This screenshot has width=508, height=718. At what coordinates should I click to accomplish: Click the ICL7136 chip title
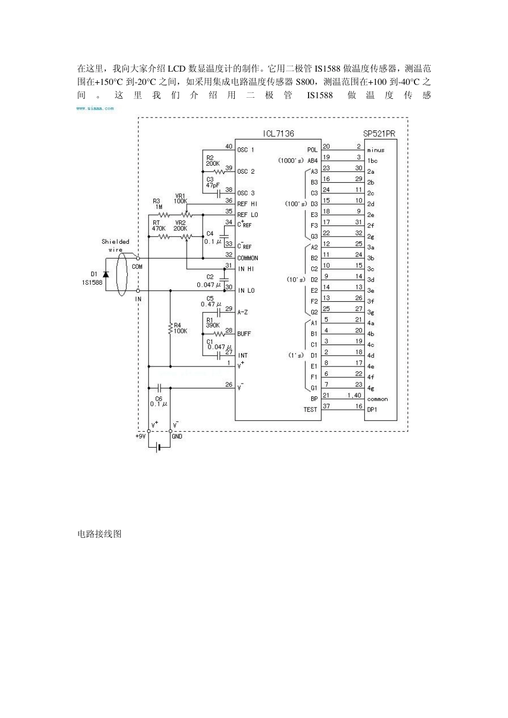coord(278,134)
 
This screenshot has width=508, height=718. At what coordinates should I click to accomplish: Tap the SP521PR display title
coord(379,134)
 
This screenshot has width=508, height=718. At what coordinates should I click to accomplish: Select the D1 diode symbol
coord(105,274)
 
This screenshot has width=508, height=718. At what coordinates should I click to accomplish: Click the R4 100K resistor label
coord(180,328)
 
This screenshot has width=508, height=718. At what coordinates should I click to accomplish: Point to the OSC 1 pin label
coord(246,150)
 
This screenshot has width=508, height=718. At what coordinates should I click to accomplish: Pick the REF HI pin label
coord(247,204)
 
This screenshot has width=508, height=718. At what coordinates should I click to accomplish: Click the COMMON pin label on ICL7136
coord(248,258)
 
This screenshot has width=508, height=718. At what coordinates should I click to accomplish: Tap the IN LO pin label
coord(247,291)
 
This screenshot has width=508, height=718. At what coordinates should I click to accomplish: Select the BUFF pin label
coord(244,334)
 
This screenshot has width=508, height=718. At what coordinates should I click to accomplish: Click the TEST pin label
coord(310,410)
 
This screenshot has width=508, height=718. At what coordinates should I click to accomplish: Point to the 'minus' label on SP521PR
coord(375,150)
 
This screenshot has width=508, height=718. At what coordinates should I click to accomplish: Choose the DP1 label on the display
coord(372,410)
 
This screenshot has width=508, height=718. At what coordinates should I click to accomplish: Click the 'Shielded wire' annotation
coord(116,245)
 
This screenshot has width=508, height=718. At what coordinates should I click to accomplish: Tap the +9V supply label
coord(140,436)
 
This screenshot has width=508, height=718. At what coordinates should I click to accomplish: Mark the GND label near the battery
coord(177,436)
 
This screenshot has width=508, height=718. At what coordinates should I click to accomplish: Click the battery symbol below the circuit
coord(158,447)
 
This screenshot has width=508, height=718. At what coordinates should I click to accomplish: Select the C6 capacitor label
coord(158,401)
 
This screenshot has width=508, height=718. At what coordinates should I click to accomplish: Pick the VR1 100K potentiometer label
coord(180,198)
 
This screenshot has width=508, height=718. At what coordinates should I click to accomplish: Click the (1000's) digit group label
coord(290,161)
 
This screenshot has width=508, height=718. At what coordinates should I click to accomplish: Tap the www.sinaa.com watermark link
coord(95,108)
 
